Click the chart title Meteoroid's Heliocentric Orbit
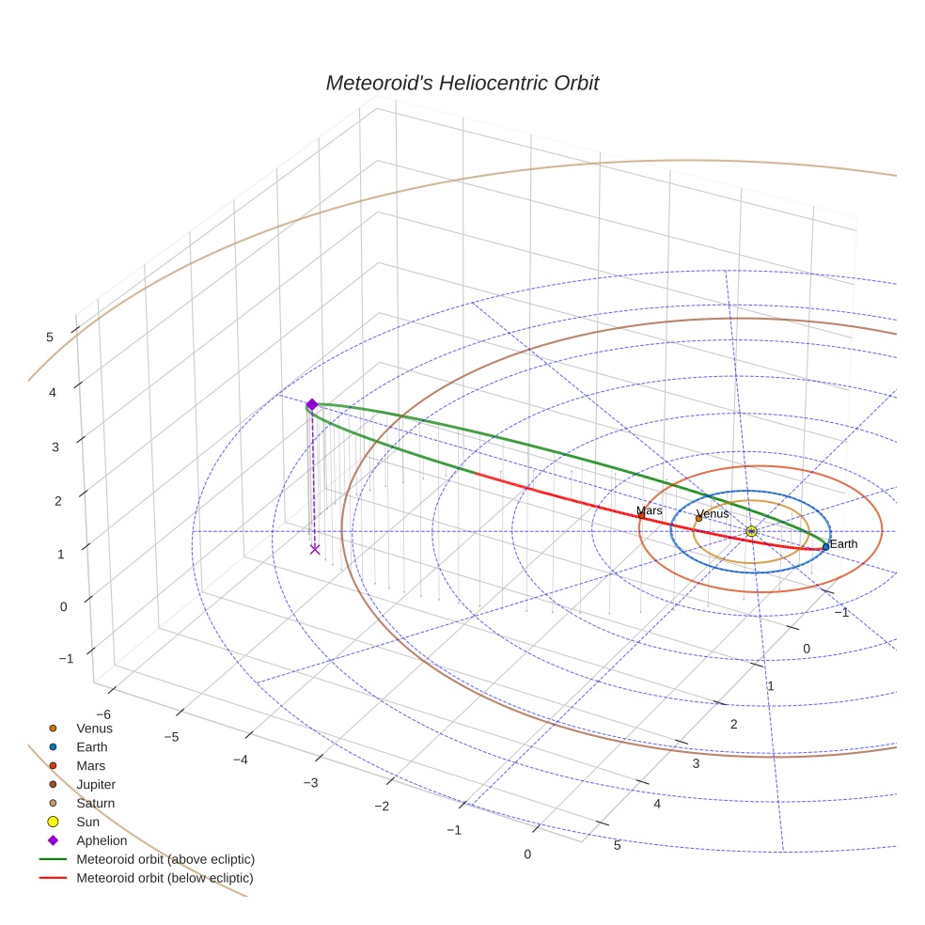pyautogui.click(x=462, y=83)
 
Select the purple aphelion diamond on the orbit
pyautogui.click(x=311, y=404)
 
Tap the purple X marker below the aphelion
pyautogui.click(x=315, y=549)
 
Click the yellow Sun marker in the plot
pyautogui.click(x=751, y=531)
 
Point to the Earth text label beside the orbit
pyautogui.click(x=843, y=544)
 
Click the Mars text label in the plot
pyautogui.click(x=650, y=510)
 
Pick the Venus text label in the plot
pyautogui.click(x=713, y=514)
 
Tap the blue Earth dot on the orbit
pyautogui.click(x=825, y=546)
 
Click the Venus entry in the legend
pyautogui.click(x=94, y=728)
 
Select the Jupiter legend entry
pyautogui.click(x=96, y=784)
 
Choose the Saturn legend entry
pyautogui.click(x=95, y=803)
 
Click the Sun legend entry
pyautogui.click(x=87, y=822)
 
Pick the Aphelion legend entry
pyautogui.click(x=102, y=840)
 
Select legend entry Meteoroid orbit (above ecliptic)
pyautogui.click(x=165, y=859)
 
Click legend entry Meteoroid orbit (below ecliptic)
pyautogui.click(x=165, y=878)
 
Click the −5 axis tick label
pyautogui.click(x=171, y=737)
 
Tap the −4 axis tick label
pyautogui.click(x=240, y=760)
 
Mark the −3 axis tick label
pyautogui.click(x=310, y=783)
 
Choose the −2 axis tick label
pyautogui.click(x=382, y=807)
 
